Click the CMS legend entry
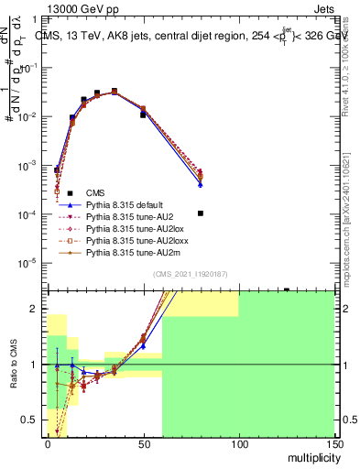tap(95, 192)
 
